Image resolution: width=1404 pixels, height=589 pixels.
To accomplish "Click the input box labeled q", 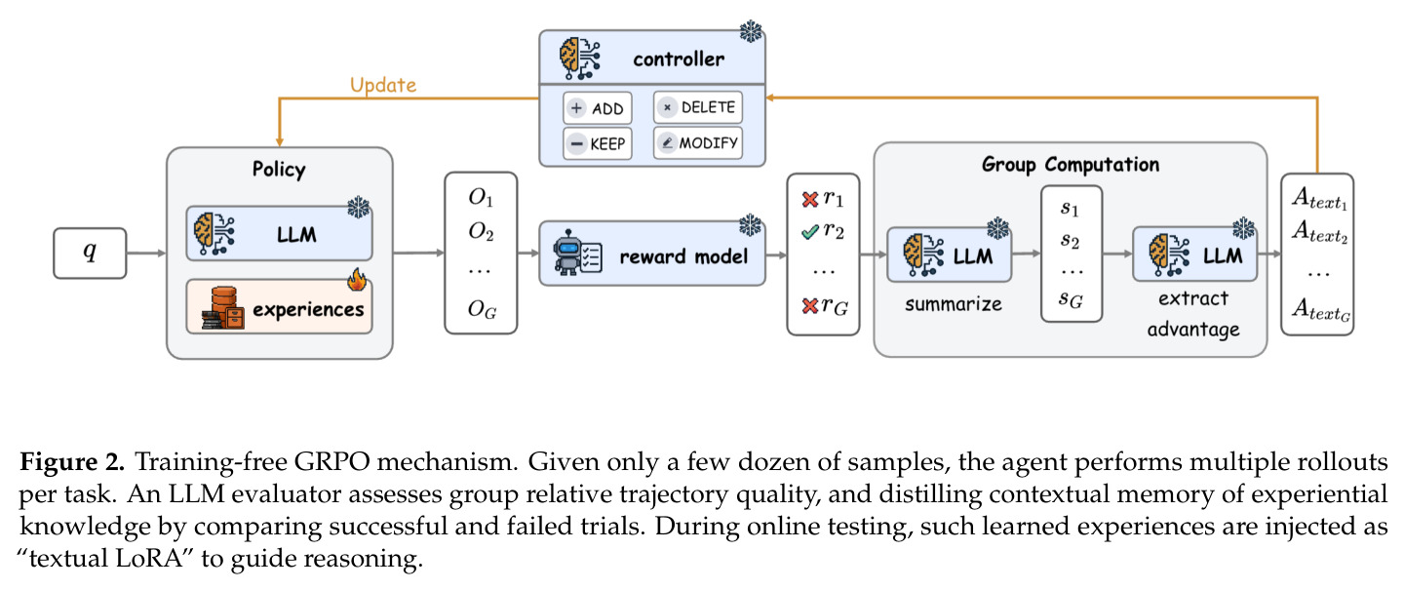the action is click(90, 253).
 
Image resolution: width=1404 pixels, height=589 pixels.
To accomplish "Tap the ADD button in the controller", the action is click(597, 108).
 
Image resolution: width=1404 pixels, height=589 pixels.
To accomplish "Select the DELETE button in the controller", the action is click(698, 107).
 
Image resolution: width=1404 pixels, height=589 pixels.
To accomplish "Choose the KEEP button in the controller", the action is click(597, 143).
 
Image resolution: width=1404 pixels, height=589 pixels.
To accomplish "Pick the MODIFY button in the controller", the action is click(698, 143).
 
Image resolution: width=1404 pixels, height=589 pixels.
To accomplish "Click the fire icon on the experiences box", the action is click(357, 280).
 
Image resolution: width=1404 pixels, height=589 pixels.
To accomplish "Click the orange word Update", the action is click(383, 85).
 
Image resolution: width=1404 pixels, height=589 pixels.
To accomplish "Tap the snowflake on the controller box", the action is click(751, 31).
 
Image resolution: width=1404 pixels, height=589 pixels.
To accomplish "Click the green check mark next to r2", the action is click(810, 232).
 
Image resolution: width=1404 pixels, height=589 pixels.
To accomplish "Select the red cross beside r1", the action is click(810, 199).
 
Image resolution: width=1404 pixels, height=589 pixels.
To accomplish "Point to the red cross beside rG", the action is click(810, 306).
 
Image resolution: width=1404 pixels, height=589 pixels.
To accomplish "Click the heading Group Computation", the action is click(1071, 165).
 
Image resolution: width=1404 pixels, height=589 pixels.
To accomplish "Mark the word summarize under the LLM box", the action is click(954, 304).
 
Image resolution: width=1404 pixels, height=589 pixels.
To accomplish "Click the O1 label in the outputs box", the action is click(481, 198).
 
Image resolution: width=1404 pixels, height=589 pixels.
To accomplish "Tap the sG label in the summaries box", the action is click(1071, 299).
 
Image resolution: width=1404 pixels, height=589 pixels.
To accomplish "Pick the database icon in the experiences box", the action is click(223, 307).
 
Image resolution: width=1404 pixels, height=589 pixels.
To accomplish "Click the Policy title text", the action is click(279, 169).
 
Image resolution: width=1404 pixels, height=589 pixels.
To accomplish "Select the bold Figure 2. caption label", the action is click(72, 462).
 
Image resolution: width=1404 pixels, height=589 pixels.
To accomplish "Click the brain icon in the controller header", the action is click(579, 59).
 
